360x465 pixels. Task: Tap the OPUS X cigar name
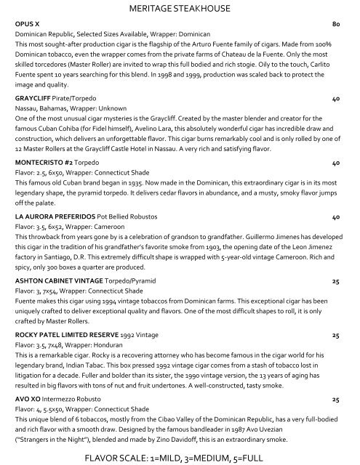(29, 24)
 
